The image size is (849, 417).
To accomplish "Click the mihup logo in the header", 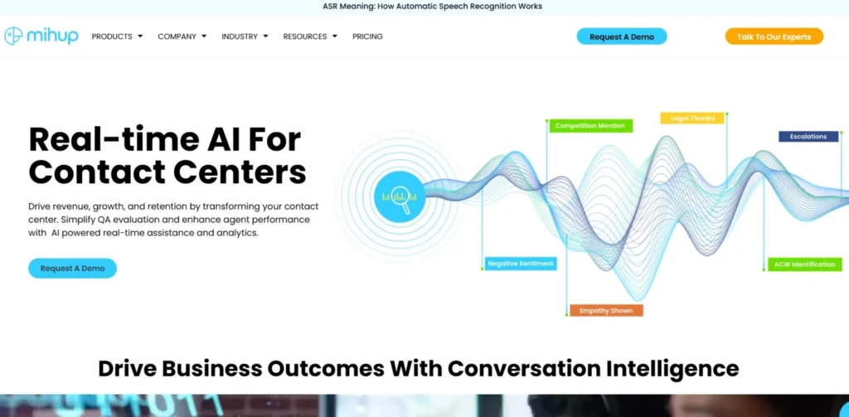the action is tap(41, 36).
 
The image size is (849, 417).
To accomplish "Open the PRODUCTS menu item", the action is tap(117, 36).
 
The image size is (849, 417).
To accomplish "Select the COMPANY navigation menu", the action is tap(182, 36).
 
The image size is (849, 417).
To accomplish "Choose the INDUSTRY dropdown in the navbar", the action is tap(245, 36).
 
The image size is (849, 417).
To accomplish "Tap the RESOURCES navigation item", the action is tap(310, 36).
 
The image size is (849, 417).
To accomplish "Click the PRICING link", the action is tap(367, 36).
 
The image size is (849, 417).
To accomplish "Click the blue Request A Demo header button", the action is tap(622, 36).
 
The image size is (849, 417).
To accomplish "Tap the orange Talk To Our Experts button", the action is tap(774, 36).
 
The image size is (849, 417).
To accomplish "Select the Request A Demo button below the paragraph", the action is tap(73, 268).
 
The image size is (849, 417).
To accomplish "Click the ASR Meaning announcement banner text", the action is tap(432, 7).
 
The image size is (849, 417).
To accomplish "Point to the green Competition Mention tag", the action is tap(590, 126).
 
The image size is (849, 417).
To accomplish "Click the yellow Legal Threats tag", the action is tap(692, 118).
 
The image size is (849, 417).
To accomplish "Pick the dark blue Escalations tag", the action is tap(808, 137).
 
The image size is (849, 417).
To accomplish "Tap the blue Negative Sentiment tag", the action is tap(521, 264).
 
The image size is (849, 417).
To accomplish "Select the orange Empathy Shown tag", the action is tap(606, 311).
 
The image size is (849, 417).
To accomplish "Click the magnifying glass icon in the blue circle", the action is tap(400, 197).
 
